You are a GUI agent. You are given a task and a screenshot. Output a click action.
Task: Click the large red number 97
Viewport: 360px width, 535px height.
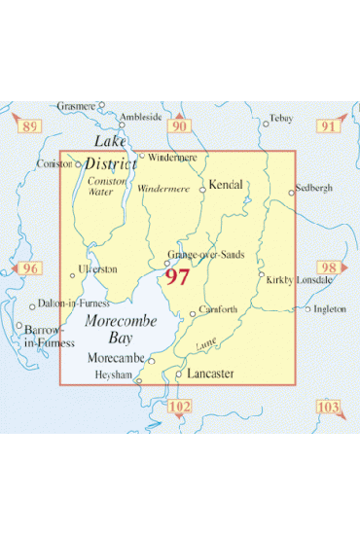point(177,277)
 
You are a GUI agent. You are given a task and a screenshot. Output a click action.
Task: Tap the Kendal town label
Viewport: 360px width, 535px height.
point(226,183)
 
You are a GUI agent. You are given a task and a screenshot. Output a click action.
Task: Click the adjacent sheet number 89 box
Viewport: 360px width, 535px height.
point(30,126)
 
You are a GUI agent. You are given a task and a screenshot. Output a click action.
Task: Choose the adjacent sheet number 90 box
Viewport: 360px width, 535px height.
point(178,126)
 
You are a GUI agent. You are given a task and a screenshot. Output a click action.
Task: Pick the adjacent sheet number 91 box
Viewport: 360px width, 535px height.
point(331,126)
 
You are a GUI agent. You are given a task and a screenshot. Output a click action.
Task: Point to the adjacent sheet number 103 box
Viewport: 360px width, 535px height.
point(330,407)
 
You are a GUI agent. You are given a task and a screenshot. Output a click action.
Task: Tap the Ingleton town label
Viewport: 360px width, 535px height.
point(330,309)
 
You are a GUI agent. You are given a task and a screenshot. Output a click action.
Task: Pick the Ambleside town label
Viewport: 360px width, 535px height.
point(140,116)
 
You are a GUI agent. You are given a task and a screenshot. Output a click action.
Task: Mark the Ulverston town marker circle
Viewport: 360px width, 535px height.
point(73,274)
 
